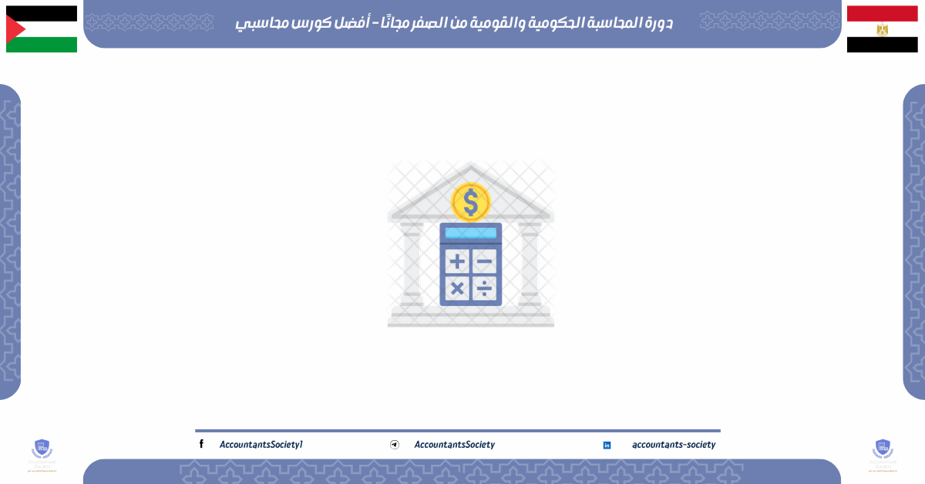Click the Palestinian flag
coord(42,29)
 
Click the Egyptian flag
coord(882,29)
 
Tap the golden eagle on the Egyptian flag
coord(882,29)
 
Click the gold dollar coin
coord(470,203)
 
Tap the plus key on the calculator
coord(457,261)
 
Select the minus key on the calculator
coord(484,261)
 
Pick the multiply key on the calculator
coord(457,288)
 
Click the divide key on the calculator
coord(484,288)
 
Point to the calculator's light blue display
coord(470,233)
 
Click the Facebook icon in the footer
coord(201,444)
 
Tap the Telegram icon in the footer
coord(395,445)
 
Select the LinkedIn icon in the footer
coord(607,445)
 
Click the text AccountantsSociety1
coord(261,445)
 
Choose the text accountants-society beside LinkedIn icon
coord(673,445)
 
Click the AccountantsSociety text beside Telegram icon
coord(454,445)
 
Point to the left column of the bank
coord(412,262)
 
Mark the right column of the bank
coord(530,262)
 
